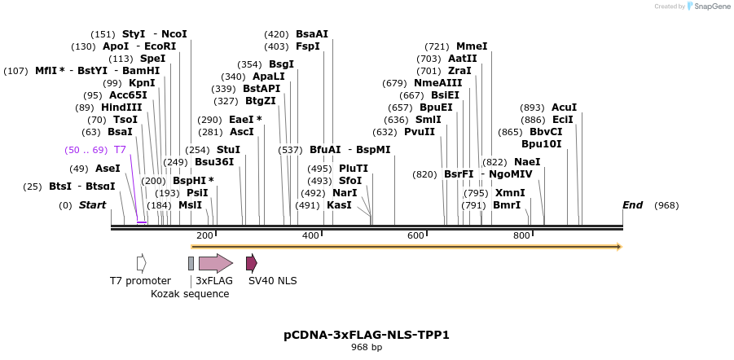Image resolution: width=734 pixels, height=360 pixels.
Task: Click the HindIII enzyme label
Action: point(121,107)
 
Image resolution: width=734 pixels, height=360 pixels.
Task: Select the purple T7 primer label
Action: point(120,150)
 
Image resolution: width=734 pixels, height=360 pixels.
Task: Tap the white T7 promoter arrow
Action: point(142,262)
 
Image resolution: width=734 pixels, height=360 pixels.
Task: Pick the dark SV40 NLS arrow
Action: point(252,262)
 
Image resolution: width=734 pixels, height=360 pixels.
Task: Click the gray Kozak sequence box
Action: point(191,262)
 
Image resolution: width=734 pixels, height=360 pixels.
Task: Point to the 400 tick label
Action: point(310,235)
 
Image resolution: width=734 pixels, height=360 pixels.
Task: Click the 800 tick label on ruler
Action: point(521,235)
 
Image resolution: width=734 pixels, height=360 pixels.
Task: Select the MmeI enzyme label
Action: point(472,46)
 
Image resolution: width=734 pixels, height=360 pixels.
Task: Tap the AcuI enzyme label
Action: point(564,107)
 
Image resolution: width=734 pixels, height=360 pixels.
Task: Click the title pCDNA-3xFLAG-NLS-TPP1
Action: point(367,334)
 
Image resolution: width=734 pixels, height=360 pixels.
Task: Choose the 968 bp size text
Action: point(367,347)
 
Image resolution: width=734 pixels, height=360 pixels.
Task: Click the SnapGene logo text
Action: point(711,7)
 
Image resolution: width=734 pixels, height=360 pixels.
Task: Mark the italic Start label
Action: point(92,205)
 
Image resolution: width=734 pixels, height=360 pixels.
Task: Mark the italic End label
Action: point(633,205)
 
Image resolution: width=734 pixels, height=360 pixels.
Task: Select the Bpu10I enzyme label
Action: point(542,144)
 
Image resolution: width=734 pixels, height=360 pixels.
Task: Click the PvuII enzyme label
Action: point(420,132)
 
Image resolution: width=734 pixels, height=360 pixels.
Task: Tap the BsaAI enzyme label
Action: point(312,34)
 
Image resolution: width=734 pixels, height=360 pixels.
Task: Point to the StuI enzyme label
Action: point(228,150)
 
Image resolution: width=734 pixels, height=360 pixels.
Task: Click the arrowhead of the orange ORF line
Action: point(619,246)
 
